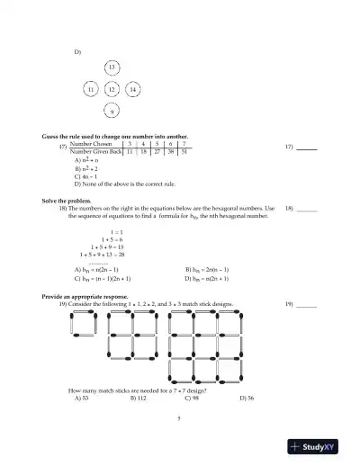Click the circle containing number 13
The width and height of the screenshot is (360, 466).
click(x=111, y=68)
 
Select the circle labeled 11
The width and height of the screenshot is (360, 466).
click(x=90, y=90)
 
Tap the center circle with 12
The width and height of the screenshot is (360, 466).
click(x=111, y=90)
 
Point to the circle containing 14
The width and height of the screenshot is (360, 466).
click(x=132, y=90)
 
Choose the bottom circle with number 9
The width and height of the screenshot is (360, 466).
click(x=111, y=112)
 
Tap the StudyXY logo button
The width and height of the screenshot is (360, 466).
click(x=319, y=447)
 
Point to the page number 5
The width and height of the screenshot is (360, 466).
click(x=179, y=419)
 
